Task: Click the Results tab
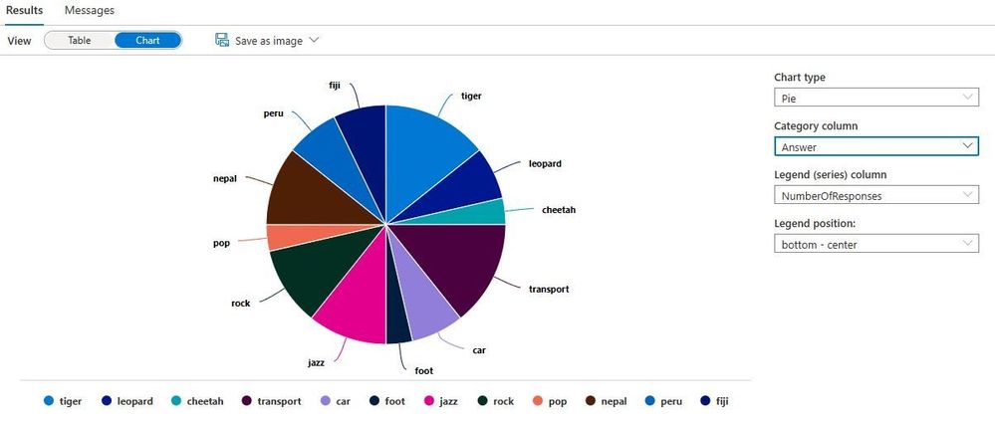point(24,10)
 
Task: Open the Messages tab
point(90,10)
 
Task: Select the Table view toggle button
point(79,41)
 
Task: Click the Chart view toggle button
point(147,41)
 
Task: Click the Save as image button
point(266,41)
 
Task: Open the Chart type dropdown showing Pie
point(875,98)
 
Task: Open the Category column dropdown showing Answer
point(875,146)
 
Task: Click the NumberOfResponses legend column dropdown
point(875,195)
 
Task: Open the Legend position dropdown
point(875,243)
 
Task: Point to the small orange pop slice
point(279,237)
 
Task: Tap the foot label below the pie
point(423,370)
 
